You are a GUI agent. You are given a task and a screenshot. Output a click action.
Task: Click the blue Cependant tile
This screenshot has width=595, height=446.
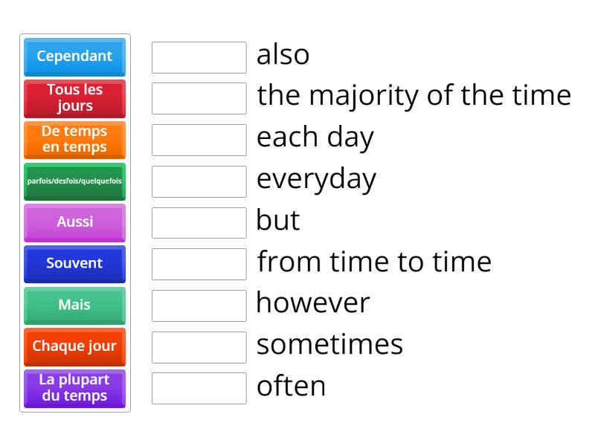[74, 56]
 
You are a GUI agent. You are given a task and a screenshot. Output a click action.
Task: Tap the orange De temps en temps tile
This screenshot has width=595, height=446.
[74, 139]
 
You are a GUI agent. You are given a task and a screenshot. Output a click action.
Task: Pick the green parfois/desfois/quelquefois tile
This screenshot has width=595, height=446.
[74, 181]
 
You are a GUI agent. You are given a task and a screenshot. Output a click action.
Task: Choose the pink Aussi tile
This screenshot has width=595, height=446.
[74, 222]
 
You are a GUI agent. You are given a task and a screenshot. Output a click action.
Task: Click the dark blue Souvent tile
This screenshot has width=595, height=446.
[74, 263]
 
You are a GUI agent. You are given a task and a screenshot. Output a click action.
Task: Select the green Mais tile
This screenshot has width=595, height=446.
[74, 305]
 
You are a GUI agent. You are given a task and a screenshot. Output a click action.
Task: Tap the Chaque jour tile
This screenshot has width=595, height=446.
[74, 346]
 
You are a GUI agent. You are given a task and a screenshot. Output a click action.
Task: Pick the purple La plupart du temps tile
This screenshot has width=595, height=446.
[74, 387]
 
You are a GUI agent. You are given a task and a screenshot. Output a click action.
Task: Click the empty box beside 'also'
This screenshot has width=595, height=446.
[199, 57]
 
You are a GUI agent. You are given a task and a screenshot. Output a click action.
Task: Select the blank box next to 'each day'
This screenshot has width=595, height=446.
[199, 140]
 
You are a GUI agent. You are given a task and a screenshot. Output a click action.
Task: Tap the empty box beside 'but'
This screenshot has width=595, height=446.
[199, 222]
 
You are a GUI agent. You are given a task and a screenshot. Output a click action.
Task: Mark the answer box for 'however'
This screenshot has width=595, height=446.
[199, 305]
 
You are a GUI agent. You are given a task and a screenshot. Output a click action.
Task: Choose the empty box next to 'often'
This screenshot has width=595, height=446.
[199, 388]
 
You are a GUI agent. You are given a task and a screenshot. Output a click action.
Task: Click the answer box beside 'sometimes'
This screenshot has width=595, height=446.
[199, 346]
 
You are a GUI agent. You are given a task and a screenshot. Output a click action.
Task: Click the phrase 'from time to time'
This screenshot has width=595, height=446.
[374, 262]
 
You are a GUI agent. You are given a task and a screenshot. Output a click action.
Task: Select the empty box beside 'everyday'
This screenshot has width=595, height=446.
[199, 181]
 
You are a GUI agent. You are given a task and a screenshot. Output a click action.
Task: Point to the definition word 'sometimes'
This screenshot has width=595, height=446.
[329, 346]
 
